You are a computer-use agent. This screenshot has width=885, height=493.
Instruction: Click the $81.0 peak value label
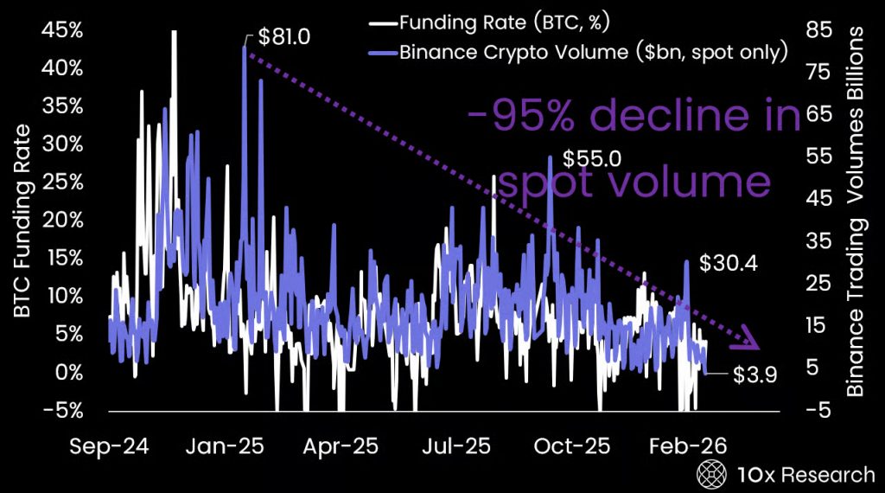pyautogui.click(x=284, y=37)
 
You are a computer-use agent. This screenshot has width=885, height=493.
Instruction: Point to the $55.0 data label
pyautogui.click(x=592, y=159)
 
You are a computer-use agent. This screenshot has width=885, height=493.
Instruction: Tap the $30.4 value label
pyautogui.click(x=729, y=263)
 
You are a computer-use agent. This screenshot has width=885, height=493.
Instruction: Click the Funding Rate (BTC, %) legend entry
pyautogui.click(x=472, y=22)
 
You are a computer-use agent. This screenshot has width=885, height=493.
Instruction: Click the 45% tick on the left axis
pyautogui.click(x=63, y=30)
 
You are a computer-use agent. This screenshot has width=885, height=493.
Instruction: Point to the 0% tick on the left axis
pyautogui.click(x=68, y=372)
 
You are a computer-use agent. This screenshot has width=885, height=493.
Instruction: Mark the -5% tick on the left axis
pyautogui.click(x=65, y=410)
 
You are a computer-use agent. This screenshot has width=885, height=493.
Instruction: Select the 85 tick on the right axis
pyautogui.click(x=818, y=30)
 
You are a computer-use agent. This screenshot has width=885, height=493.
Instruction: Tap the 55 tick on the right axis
pyautogui.click(x=818, y=157)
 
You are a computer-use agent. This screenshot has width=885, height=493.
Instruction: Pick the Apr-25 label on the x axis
pyautogui.click(x=340, y=445)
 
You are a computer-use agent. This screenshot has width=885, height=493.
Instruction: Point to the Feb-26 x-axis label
pyautogui.click(x=688, y=445)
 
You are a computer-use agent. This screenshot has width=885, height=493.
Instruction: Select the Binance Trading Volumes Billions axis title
pyautogui.click(x=856, y=212)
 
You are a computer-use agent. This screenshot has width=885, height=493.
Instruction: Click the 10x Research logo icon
pyautogui.click(x=710, y=474)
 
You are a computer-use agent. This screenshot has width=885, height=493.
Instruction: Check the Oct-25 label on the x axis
pyautogui.click(x=571, y=445)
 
